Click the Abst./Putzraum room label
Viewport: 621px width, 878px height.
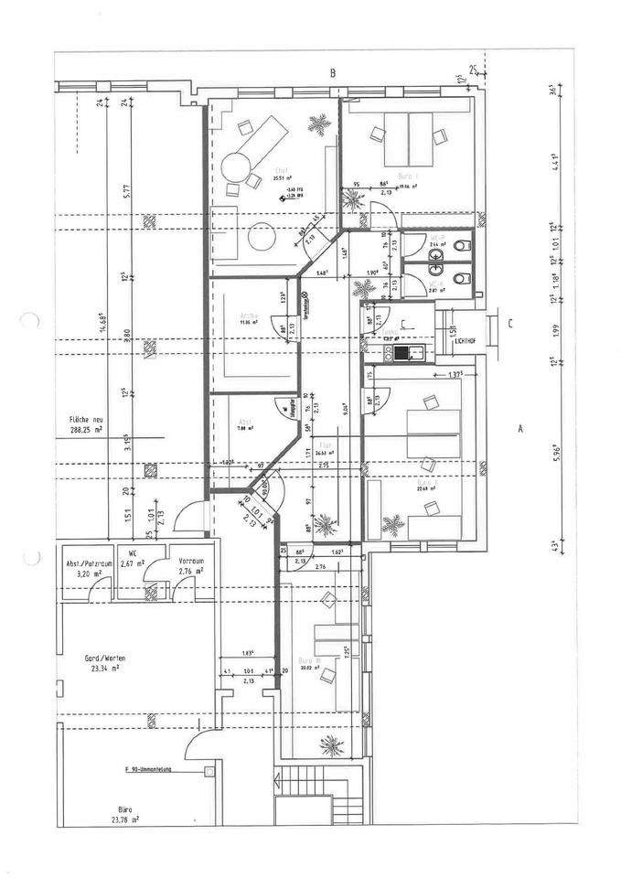click(x=88, y=563)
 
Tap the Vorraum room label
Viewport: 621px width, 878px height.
click(x=191, y=562)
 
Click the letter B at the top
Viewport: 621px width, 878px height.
click(x=334, y=72)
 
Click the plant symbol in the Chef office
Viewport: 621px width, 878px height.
click(x=320, y=123)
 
